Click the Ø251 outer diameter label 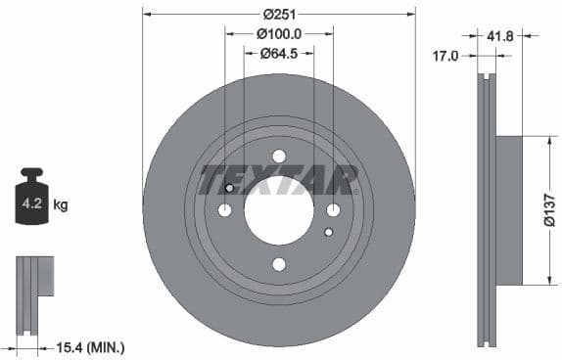(x=279, y=14)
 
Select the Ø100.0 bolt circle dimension (x=279, y=33)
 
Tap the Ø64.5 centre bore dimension (x=279, y=53)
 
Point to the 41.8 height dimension (x=500, y=35)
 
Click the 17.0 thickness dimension (x=445, y=56)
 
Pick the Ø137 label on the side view (x=549, y=209)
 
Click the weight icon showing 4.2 (x=32, y=203)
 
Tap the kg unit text (x=61, y=205)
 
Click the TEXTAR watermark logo (x=279, y=180)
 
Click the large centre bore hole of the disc (x=279, y=210)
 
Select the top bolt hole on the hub (x=279, y=157)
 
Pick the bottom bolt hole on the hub (x=279, y=264)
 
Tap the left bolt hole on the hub (x=225, y=210)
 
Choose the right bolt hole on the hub (x=333, y=210)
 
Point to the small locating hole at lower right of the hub (x=328, y=232)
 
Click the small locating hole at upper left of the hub (x=230, y=189)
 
